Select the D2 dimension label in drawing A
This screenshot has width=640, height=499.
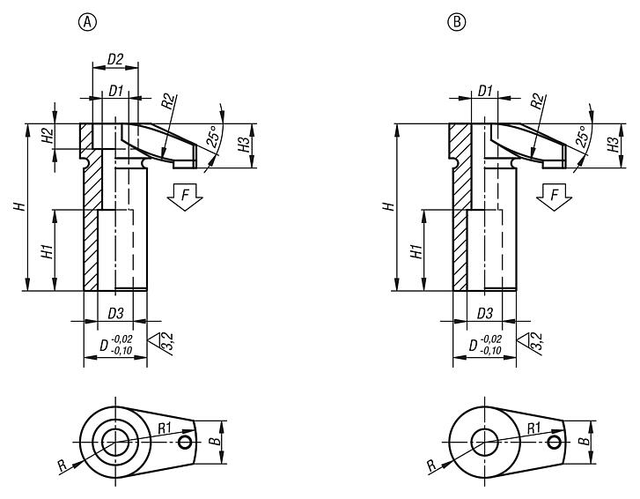coord(115,59)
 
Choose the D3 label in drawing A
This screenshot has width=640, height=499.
coord(115,313)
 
